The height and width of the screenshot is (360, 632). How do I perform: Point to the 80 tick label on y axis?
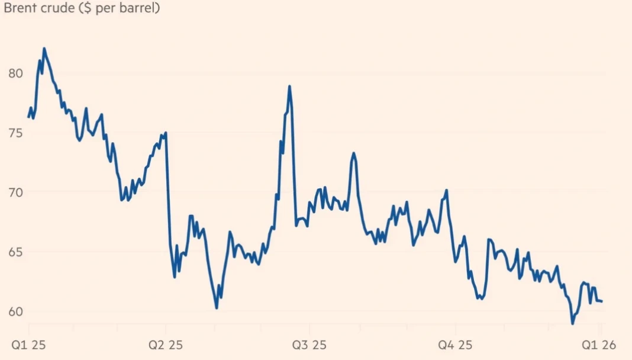coord(15,73)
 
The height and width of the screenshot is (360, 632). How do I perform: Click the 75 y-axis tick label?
coord(15,133)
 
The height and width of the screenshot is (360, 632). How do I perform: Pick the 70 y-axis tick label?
coord(15,192)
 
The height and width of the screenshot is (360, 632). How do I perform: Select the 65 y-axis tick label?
coord(15,252)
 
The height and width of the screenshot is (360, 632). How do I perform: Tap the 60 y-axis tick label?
coord(15,311)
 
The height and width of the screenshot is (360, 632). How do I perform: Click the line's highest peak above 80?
coord(44,49)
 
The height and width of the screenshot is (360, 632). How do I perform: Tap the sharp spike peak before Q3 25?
coord(290,86)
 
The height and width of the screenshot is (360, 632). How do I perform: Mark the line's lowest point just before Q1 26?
coord(572,323)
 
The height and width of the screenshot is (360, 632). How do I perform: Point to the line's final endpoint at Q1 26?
coord(602,301)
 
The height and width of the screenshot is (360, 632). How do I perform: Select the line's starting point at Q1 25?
coord(28,117)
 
